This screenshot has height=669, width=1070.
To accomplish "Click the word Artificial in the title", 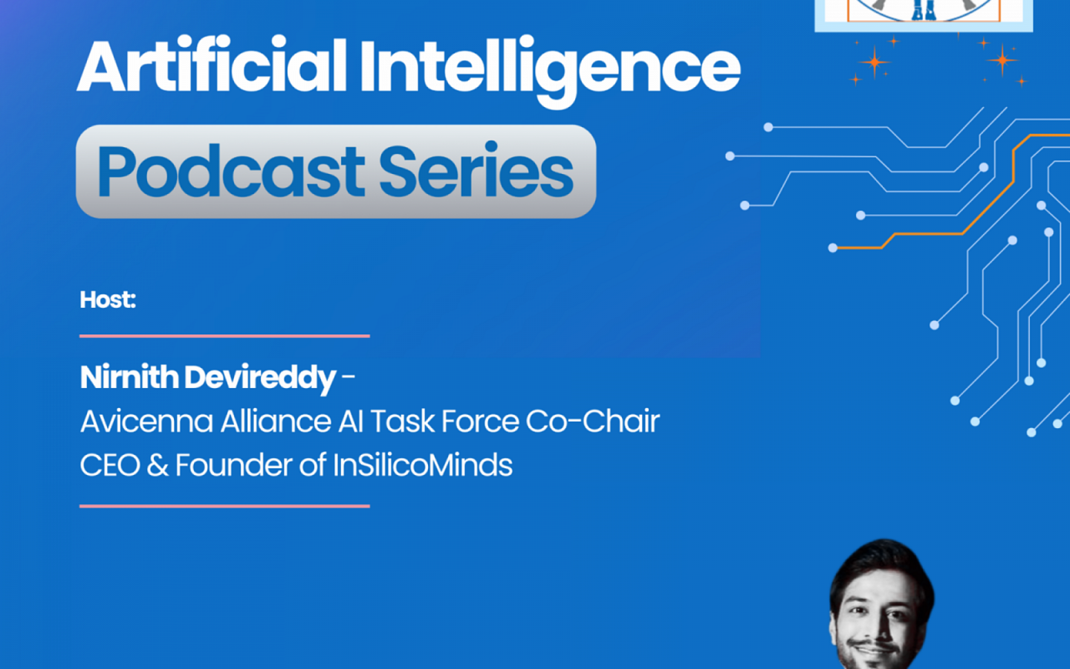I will (x=212, y=67).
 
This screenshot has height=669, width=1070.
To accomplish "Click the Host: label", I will (x=108, y=300).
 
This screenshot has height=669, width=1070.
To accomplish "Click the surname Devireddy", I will (x=260, y=378).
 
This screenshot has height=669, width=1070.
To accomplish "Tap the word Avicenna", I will (x=147, y=421).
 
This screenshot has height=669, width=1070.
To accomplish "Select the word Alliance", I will (x=276, y=421).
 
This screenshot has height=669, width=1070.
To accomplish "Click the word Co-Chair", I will (x=592, y=421).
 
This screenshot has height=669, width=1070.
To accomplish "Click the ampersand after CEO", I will (x=158, y=465).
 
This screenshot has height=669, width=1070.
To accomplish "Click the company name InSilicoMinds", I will (x=423, y=465).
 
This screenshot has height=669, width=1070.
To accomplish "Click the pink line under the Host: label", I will (x=224, y=336).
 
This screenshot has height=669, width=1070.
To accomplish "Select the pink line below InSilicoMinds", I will (x=224, y=506).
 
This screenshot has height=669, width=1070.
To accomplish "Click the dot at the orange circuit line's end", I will (x=833, y=248).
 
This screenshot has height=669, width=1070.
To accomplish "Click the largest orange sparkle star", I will (x=875, y=62).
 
